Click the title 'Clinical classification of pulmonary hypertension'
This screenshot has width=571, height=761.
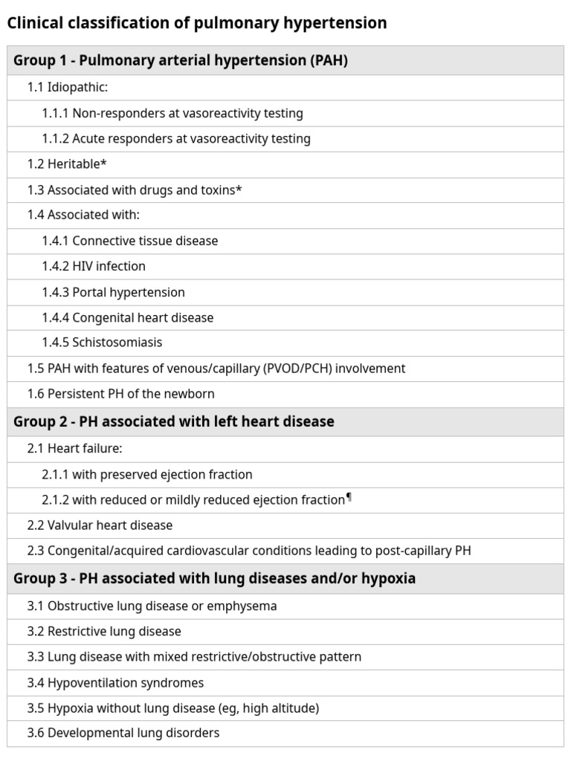[x=196, y=23]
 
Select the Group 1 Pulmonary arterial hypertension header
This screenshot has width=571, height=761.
[x=181, y=61]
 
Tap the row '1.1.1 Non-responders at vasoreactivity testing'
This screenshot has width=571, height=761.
[x=172, y=114]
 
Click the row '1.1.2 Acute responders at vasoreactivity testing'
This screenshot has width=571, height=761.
[x=176, y=139]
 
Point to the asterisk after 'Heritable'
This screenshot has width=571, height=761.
[x=103, y=163]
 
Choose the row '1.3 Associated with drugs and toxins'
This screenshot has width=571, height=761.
[x=135, y=190]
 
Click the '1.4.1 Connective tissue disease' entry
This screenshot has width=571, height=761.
[x=130, y=241]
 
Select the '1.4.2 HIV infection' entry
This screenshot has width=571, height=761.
[x=94, y=266]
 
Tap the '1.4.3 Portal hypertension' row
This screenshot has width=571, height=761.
[x=113, y=292]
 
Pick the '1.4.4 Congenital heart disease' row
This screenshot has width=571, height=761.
[x=128, y=317]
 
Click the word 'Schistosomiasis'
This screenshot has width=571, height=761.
[x=117, y=343]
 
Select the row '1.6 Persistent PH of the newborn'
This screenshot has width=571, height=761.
[x=120, y=394]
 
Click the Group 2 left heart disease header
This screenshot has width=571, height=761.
[x=174, y=421]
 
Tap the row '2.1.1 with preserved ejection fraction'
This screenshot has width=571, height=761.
[x=147, y=474]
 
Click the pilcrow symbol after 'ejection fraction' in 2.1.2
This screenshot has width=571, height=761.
[x=349, y=498]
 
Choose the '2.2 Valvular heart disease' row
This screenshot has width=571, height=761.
[x=100, y=525]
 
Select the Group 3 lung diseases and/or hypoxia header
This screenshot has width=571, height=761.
[x=214, y=578]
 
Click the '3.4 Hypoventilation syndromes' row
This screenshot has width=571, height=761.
[x=115, y=683]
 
